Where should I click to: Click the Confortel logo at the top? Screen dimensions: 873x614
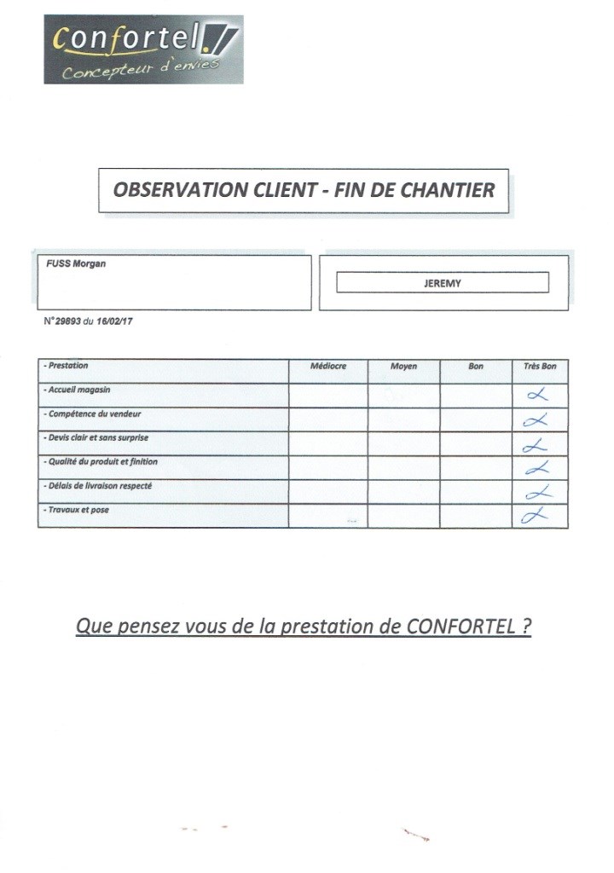click(x=143, y=49)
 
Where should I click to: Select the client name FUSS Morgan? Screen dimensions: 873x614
click(x=77, y=263)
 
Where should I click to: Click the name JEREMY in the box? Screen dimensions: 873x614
click(x=442, y=283)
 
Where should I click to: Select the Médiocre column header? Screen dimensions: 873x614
click(x=328, y=367)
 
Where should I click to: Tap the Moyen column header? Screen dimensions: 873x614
click(x=403, y=367)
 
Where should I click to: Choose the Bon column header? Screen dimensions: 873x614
click(x=476, y=367)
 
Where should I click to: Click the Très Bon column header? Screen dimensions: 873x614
click(x=540, y=367)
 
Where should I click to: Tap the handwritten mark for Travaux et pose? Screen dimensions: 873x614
click(x=535, y=515)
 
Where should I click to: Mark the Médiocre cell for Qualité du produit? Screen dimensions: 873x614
click(x=328, y=467)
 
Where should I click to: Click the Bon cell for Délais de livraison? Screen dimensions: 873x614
click(x=476, y=491)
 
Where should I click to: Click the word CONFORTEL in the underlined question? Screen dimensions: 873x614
click(x=460, y=627)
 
